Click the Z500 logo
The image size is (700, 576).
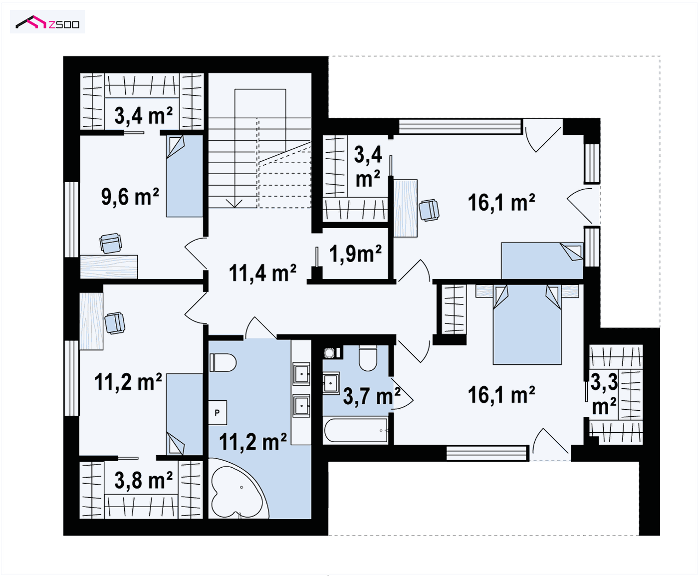[x=47, y=22]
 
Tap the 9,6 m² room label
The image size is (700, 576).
[x=130, y=197]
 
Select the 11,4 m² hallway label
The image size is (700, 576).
[x=262, y=273]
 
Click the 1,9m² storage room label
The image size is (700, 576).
[x=355, y=254]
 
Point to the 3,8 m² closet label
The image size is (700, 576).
[x=143, y=480]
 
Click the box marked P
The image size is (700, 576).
[x=218, y=413]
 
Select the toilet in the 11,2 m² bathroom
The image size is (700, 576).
[x=223, y=362]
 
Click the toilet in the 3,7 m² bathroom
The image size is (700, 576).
[x=368, y=358]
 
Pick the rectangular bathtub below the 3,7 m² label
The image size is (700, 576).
[x=355, y=430]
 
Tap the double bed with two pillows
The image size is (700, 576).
[x=527, y=324]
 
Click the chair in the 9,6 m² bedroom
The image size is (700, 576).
[x=111, y=243]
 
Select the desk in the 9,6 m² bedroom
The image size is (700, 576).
[x=109, y=267]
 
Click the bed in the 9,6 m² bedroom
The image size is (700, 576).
[x=185, y=176]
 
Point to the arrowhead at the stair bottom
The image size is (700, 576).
[x=234, y=203]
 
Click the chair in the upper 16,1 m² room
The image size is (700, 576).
[x=429, y=210]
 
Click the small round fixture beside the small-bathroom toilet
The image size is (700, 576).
[x=329, y=352]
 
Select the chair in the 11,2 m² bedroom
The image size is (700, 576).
[x=115, y=323]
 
